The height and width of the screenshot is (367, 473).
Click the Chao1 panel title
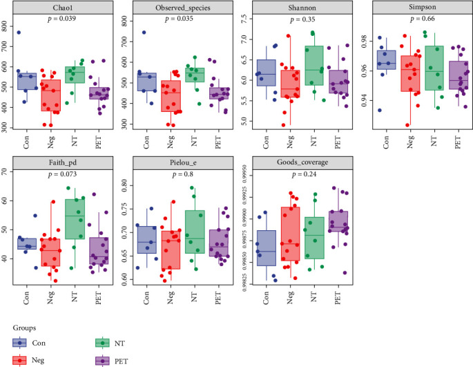tap(67, 6)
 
